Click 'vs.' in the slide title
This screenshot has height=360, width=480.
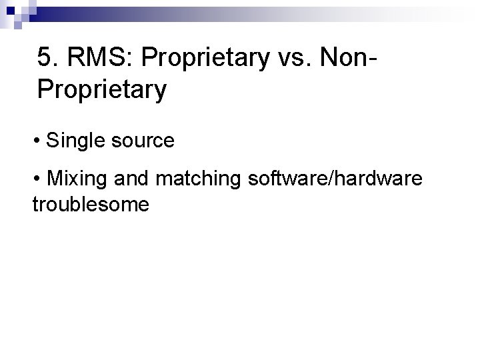point(289,58)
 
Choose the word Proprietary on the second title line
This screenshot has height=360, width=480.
point(102,89)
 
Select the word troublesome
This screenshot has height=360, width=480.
point(91,204)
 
